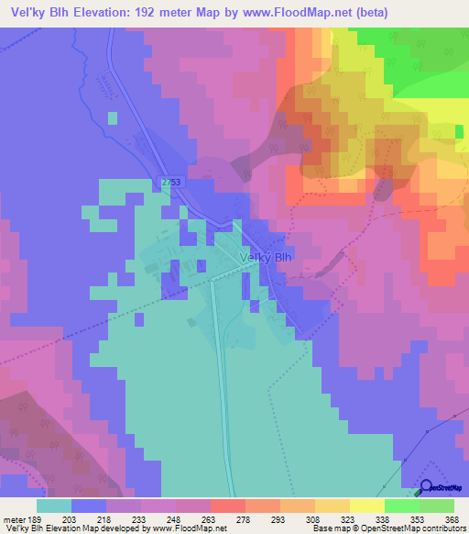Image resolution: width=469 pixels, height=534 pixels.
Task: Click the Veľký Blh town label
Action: [265, 259]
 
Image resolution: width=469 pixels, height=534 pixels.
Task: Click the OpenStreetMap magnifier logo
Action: [427, 487]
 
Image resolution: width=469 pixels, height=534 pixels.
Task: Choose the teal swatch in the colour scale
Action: [54, 506]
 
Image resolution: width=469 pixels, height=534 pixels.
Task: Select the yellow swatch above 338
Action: [367, 506]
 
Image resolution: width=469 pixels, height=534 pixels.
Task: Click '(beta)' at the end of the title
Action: [373, 13]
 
